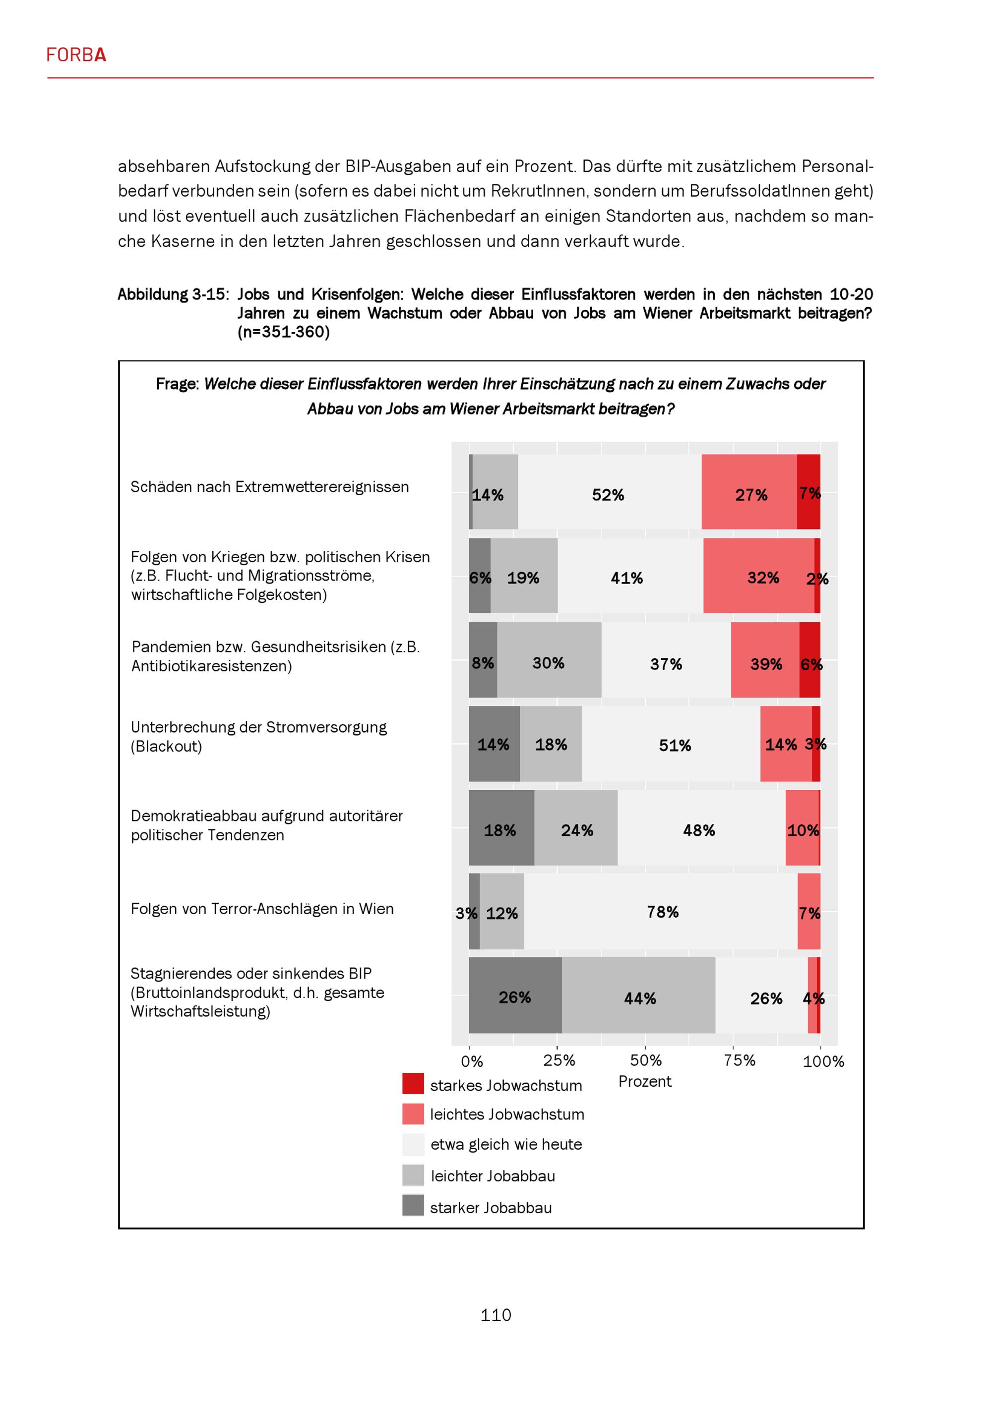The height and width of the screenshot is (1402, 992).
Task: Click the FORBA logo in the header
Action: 76,55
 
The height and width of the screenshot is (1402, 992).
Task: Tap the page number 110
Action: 496,1315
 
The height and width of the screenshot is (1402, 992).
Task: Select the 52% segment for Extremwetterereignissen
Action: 609,492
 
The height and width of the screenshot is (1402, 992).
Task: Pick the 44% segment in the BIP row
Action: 638,998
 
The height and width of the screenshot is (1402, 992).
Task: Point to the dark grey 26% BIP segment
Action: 515,996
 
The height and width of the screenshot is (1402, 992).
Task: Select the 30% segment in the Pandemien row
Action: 549,661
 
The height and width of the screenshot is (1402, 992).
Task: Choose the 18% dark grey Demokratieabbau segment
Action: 501,828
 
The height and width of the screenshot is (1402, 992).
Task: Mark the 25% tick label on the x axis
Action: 559,1060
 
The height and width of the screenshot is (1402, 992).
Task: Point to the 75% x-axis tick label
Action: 739,1060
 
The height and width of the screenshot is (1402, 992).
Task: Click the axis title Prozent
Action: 644,1081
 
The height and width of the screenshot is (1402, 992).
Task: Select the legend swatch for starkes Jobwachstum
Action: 413,1083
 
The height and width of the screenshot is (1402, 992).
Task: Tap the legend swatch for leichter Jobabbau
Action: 413,1174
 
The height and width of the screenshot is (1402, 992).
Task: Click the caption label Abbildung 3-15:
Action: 173,294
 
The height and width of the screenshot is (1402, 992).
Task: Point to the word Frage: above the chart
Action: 177,384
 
